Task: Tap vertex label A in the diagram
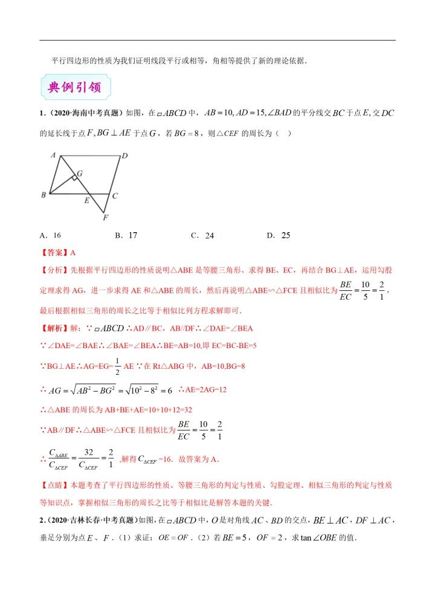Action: pos(53,155)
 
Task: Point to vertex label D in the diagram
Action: pos(124,156)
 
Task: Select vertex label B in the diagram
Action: pos(43,195)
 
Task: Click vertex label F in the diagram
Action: pos(105,217)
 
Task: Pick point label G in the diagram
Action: pos(79,173)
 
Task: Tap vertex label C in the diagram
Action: pos(114,195)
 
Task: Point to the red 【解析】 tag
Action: pos(54,328)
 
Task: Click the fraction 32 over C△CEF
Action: pos(88,459)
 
